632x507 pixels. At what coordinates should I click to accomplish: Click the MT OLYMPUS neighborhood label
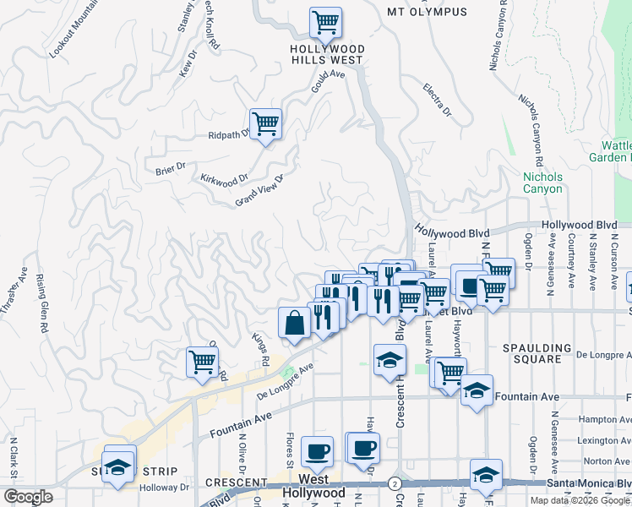point(427,12)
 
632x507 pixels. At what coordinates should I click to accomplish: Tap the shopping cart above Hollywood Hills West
point(325,22)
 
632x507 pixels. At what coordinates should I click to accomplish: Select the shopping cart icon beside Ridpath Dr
point(265,124)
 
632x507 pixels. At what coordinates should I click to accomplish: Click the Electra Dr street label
point(438,101)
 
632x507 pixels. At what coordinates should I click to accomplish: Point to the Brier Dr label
point(170,168)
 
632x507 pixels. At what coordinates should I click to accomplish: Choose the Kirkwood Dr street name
point(224,180)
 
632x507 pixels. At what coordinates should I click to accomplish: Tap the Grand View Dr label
point(258,190)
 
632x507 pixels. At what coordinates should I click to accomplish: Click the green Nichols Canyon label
point(542,183)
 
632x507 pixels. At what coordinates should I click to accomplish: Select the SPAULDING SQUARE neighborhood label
point(542,353)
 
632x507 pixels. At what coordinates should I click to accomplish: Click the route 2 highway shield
point(395,483)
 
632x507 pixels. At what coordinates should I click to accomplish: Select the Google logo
point(28,496)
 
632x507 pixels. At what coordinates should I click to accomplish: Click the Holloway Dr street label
point(166,488)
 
